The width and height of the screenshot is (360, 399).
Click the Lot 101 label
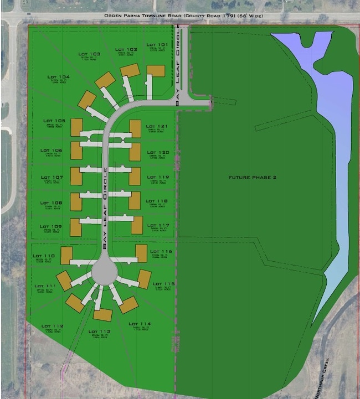(x=157, y=45)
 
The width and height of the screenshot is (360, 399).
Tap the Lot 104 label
(x=58, y=77)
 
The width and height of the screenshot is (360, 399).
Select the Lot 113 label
(x=100, y=331)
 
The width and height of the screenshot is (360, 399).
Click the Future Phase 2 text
(x=252, y=178)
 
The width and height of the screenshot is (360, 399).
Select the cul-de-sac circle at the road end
(x=104, y=272)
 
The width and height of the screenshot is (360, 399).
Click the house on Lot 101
(x=156, y=71)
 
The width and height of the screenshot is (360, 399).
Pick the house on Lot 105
(x=76, y=125)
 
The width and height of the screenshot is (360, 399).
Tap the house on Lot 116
(x=141, y=253)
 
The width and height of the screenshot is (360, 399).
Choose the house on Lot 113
(x=102, y=315)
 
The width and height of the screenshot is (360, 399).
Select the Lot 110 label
(x=45, y=256)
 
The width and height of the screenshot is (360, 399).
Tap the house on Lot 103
(x=105, y=80)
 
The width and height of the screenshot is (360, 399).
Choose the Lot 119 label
(x=157, y=177)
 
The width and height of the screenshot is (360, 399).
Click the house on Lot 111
(x=64, y=280)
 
